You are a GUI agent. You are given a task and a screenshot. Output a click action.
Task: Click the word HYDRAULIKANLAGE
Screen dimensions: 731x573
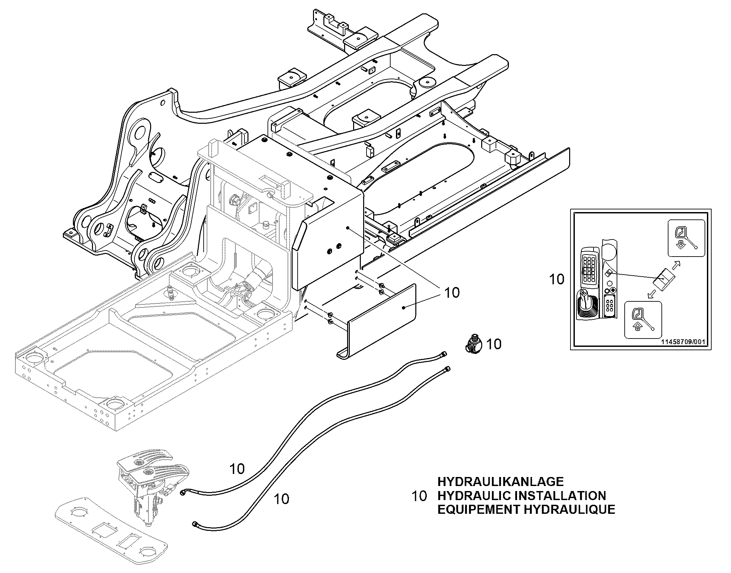(x=500, y=482)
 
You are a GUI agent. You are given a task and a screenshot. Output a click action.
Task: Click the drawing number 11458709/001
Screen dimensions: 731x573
(x=683, y=342)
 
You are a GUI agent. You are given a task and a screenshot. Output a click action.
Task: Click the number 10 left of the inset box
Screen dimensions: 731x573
(x=557, y=279)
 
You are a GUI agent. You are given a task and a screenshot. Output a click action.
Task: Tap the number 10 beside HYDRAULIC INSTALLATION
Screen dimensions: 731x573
(x=419, y=496)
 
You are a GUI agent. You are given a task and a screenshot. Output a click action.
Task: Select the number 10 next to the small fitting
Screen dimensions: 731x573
(x=494, y=344)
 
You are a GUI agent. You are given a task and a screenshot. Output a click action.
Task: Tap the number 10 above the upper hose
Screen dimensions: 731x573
(x=237, y=469)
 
